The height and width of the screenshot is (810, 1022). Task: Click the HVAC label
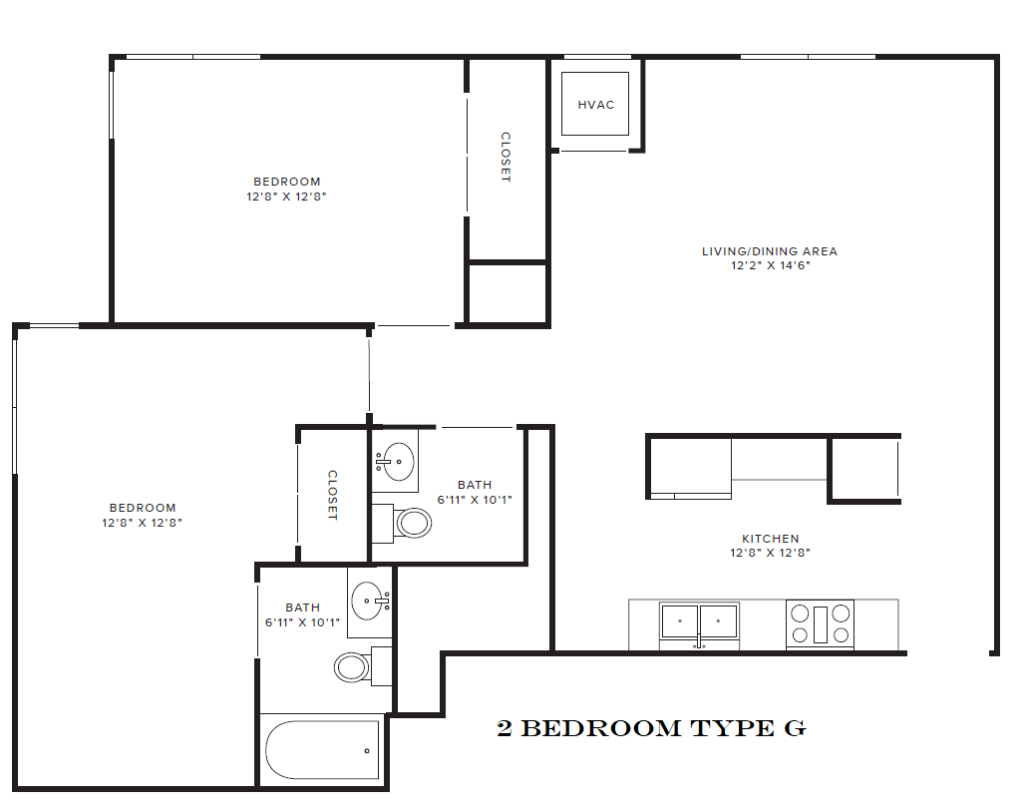click(596, 105)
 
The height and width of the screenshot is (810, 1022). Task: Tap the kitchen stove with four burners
click(820, 624)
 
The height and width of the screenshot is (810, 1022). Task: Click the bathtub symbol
click(323, 749)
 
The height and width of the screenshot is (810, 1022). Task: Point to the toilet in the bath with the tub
click(352, 666)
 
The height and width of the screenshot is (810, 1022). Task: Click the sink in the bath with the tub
click(369, 602)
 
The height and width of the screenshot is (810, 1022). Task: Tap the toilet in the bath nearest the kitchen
click(412, 522)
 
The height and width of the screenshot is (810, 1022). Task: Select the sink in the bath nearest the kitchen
click(398, 461)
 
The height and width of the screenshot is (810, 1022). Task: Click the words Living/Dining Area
click(770, 251)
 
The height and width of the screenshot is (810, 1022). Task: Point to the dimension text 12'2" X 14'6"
click(770, 265)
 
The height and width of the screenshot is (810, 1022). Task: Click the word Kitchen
click(770, 539)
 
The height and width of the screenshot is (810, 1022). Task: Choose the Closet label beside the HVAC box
click(506, 157)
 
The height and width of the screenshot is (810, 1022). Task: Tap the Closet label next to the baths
click(332, 495)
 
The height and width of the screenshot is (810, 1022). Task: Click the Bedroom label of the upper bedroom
click(287, 182)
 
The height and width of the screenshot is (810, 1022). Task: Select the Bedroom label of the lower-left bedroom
click(143, 508)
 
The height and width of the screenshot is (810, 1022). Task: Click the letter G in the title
click(794, 729)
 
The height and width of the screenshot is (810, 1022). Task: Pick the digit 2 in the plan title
click(505, 729)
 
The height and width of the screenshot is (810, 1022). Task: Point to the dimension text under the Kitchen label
click(770, 553)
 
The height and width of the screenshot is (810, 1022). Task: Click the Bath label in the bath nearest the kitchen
click(475, 485)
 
